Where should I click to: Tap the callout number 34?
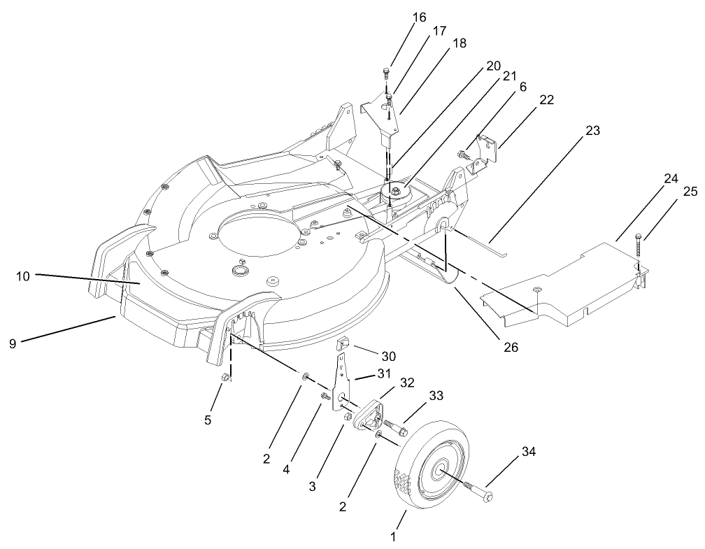pos(529,451)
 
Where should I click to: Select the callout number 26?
pos(511,347)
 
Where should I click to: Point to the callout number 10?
pos(23,276)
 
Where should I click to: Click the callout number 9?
pos(13,344)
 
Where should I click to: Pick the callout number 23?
pos(592,130)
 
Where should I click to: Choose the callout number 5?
pos(208,420)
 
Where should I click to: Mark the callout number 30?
pos(388,356)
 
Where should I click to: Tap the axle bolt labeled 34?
pos(478,490)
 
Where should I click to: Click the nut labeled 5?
pos(225,378)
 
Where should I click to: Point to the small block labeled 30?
pos(344,344)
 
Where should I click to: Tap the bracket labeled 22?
pos(483,153)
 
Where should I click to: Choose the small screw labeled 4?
pos(325,397)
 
